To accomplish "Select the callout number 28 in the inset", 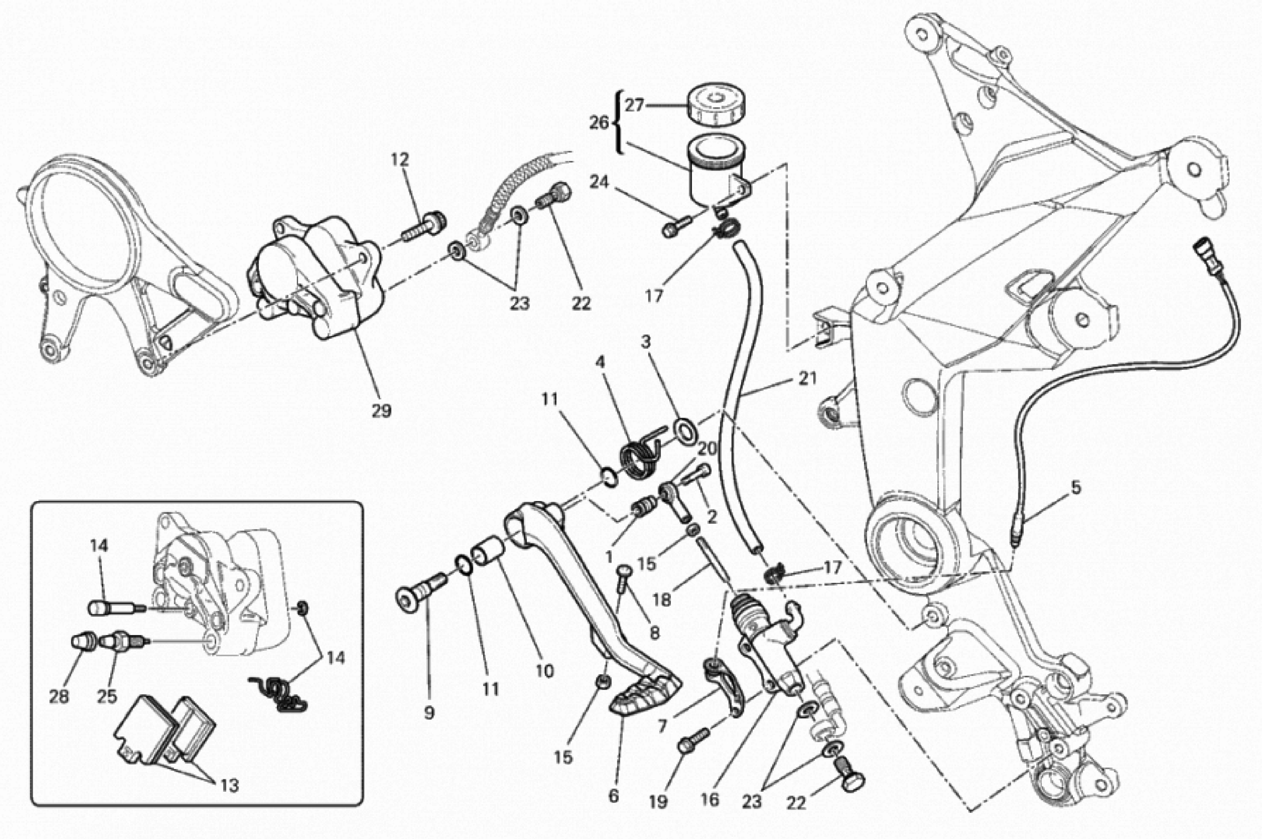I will tap(59, 697).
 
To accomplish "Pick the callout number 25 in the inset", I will tap(107, 697).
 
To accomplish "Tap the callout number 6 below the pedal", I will tap(613, 796).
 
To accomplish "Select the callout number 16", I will tap(710, 800).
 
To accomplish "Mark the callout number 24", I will tap(599, 182).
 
